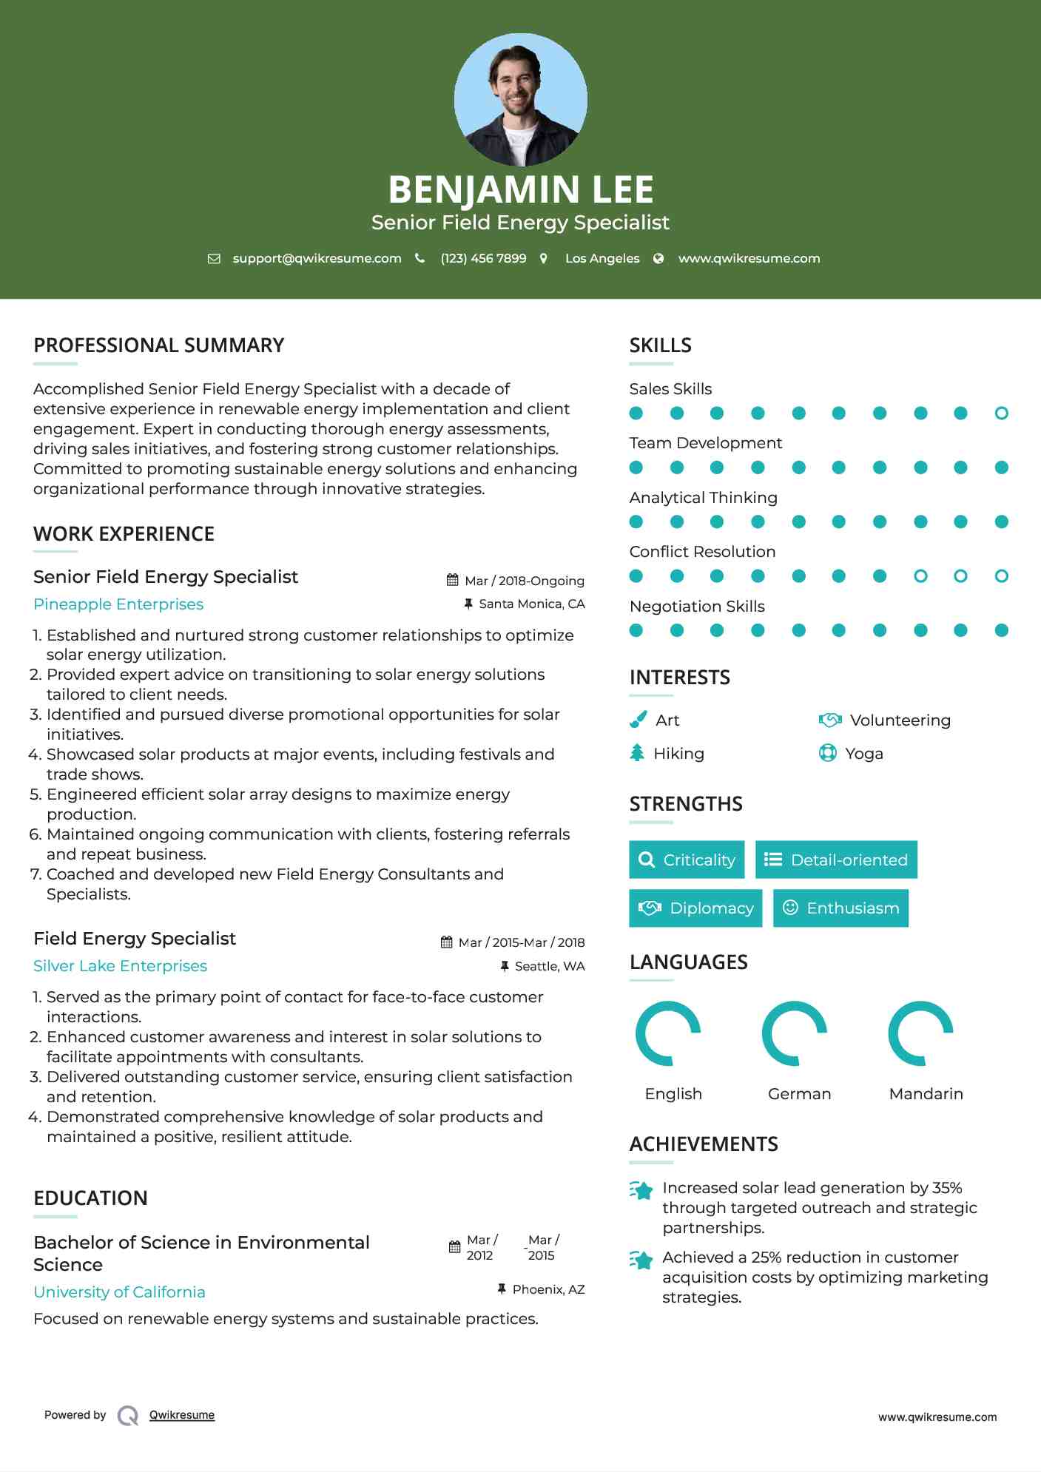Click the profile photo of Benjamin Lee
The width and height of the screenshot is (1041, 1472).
(x=520, y=99)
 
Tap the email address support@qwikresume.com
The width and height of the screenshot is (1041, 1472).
(x=317, y=258)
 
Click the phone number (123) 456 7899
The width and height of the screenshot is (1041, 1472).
(x=483, y=258)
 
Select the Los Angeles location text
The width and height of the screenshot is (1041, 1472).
(x=602, y=258)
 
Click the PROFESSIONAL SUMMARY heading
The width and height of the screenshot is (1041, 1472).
(x=159, y=345)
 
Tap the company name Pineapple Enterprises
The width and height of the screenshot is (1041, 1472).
(x=118, y=604)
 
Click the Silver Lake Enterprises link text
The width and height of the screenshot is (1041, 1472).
(x=121, y=966)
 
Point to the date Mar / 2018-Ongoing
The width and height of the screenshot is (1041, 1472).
(x=524, y=581)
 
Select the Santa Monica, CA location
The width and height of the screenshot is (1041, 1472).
(x=531, y=604)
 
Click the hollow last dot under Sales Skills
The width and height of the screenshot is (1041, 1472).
(x=1001, y=413)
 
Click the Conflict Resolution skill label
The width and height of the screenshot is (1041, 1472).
(x=702, y=552)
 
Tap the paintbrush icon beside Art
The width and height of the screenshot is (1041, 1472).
(x=638, y=720)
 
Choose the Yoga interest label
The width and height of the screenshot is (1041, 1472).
(x=864, y=754)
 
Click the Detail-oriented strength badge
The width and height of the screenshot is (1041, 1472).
(x=836, y=860)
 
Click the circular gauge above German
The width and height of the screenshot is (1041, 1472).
(x=795, y=1033)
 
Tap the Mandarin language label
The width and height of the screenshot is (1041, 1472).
(x=926, y=1094)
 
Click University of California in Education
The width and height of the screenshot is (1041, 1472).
(x=120, y=1292)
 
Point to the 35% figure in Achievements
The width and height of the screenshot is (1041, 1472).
(x=947, y=1188)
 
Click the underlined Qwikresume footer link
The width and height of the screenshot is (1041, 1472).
(x=182, y=1415)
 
